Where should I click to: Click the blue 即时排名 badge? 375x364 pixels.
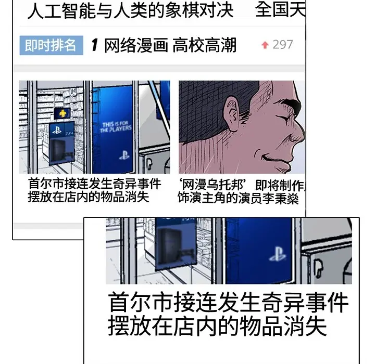(52, 45)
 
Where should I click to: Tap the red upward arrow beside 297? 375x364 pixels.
(265, 45)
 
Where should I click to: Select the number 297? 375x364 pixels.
(283, 45)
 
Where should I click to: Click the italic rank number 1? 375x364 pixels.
(95, 45)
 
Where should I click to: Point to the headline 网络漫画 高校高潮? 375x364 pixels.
(170, 45)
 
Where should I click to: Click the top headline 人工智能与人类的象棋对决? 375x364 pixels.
(130, 10)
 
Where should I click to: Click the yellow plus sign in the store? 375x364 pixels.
(63, 113)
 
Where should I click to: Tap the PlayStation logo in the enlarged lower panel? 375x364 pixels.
(278, 254)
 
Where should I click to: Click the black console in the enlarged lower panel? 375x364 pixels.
(169, 245)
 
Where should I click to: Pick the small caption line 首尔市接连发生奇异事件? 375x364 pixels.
(94, 184)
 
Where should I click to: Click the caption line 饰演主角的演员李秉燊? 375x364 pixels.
(238, 198)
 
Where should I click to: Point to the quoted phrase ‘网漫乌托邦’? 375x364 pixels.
(212, 185)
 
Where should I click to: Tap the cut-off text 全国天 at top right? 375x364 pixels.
(280, 9)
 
